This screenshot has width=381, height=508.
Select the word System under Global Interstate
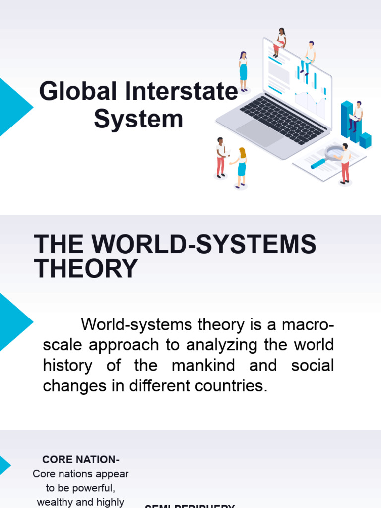pos(138,120)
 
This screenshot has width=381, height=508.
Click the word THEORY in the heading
pos(86,269)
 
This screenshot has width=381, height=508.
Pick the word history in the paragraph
pos(67,366)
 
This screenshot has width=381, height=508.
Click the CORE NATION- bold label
pos(81,460)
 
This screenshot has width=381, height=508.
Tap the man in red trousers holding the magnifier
pos(345,164)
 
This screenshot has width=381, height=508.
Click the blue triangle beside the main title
pos(13,107)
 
